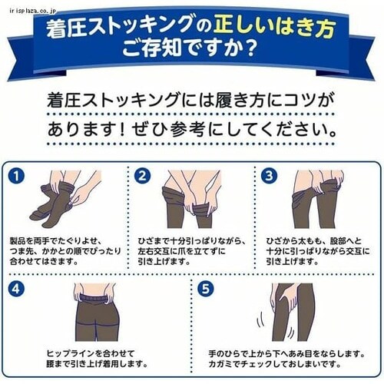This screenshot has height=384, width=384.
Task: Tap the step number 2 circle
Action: point(142,175)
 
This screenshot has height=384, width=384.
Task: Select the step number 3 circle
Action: point(268,175)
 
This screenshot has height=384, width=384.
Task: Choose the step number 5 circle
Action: point(205,290)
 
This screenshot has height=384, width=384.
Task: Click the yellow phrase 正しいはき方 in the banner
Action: point(273,28)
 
